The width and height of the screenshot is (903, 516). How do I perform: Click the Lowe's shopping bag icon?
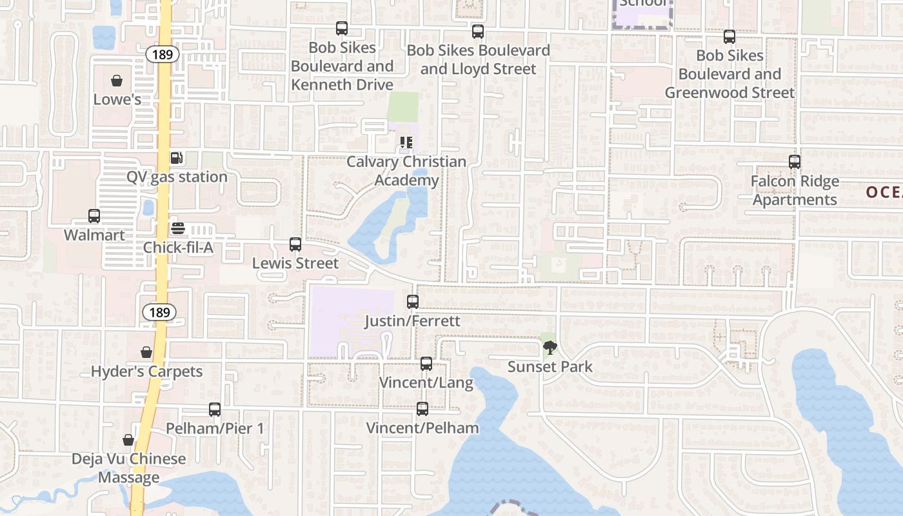pyautogui.click(x=117, y=81)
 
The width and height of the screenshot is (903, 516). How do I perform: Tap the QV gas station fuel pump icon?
pyautogui.click(x=176, y=158)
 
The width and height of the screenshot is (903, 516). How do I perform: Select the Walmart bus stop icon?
pyautogui.click(x=94, y=216)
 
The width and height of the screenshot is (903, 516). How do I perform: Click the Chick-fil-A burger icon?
pyautogui.click(x=178, y=228)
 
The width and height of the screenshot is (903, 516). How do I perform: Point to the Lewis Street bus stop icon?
pyautogui.click(x=295, y=244)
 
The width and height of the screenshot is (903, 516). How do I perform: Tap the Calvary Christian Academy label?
pyautogui.click(x=406, y=171)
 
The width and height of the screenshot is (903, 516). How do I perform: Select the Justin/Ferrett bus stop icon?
pyautogui.click(x=413, y=302)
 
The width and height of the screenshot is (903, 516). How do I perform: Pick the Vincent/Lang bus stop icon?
pyautogui.click(x=426, y=364)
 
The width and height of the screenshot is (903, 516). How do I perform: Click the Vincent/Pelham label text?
pyautogui.click(x=422, y=428)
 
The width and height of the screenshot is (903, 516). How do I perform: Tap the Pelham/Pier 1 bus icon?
pyautogui.click(x=215, y=410)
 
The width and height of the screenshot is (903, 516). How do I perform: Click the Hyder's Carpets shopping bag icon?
pyautogui.click(x=146, y=352)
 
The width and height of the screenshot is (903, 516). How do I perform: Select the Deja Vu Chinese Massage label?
pyautogui.click(x=129, y=468)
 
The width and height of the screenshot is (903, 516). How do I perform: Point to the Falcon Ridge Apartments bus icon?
pyautogui.click(x=795, y=162)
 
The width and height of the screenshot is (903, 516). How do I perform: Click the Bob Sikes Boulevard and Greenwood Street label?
pyautogui.click(x=729, y=74)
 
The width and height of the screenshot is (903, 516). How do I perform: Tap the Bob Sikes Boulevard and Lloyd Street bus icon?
pyautogui.click(x=478, y=32)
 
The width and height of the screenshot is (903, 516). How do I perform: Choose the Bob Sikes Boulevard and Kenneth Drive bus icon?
pyautogui.click(x=342, y=28)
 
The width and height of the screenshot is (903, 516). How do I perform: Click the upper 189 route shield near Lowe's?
pyautogui.click(x=163, y=54)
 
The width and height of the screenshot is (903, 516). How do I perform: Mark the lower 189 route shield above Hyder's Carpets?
pyautogui.click(x=159, y=313)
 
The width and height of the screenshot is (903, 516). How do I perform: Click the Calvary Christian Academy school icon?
pyautogui.click(x=406, y=143)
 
